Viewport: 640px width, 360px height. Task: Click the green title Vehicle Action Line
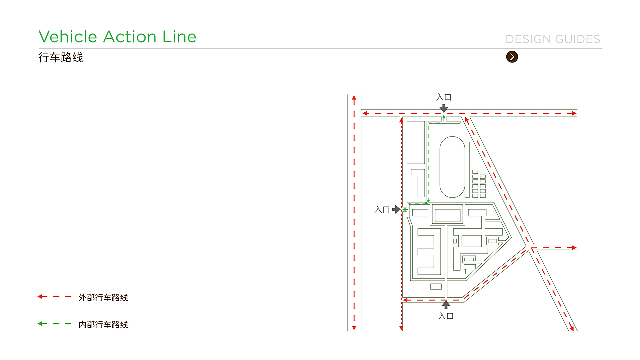(x=117, y=37)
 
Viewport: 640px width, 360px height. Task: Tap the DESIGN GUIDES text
(x=553, y=39)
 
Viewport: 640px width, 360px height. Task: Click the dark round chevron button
(x=512, y=57)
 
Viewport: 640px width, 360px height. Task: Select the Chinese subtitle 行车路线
(x=61, y=57)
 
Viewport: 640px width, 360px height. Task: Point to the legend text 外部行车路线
(x=103, y=297)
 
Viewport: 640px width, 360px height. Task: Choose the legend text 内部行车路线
(x=103, y=324)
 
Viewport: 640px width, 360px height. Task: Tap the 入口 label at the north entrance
(x=444, y=97)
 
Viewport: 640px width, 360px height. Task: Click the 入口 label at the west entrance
(x=382, y=209)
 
